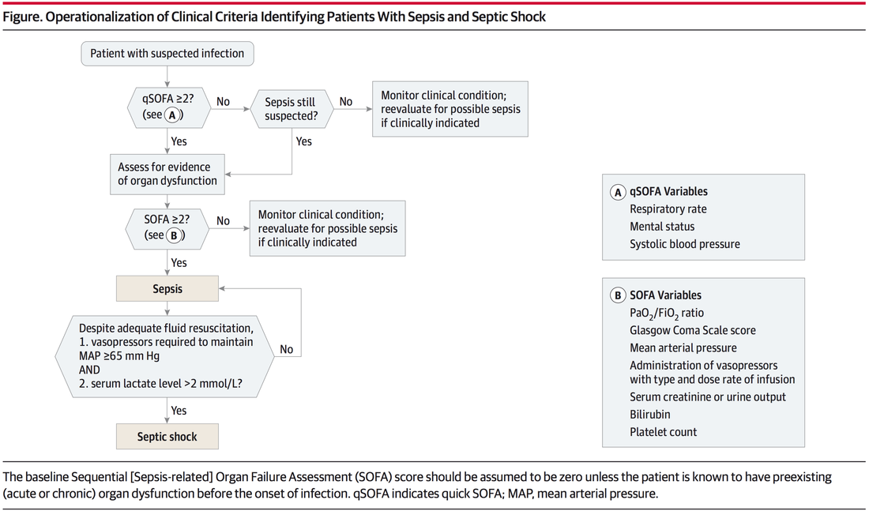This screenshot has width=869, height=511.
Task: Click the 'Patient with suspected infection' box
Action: click(x=167, y=54)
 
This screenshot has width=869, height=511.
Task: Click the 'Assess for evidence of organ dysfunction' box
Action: click(x=167, y=174)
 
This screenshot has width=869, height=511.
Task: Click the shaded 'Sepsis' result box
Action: click(x=167, y=289)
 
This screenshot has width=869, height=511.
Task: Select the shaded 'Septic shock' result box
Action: click(x=167, y=437)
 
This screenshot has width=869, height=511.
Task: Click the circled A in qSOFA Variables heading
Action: click(x=618, y=191)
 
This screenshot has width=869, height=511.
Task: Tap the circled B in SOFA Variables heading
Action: click(x=618, y=295)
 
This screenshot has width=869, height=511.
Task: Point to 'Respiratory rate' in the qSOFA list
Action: click(x=668, y=209)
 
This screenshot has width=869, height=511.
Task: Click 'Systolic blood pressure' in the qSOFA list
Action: click(x=684, y=244)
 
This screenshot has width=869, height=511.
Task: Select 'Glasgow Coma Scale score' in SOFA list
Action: click(x=692, y=330)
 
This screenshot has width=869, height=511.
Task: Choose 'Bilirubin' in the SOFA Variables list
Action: click(x=649, y=414)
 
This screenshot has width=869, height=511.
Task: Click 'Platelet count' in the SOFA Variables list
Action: click(x=663, y=432)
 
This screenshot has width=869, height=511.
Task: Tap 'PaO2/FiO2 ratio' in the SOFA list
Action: click(x=666, y=314)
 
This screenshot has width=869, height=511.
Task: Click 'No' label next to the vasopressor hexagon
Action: click(x=286, y=349)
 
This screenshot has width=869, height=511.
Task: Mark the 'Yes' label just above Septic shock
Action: click(x=179, y=411)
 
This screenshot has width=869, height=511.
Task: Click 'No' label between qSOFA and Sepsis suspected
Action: click(x=223, y=102)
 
